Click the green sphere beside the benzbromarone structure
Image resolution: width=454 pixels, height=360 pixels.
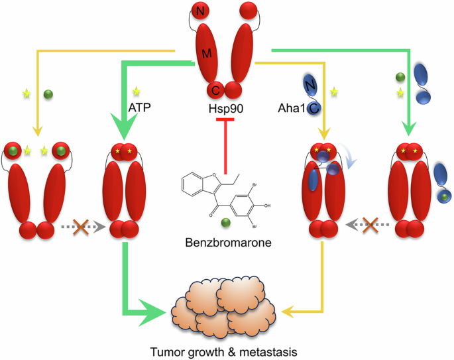pyautogui.click(x=227, y=223)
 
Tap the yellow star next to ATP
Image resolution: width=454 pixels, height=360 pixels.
pyautogui.click(x=137, y=90)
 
